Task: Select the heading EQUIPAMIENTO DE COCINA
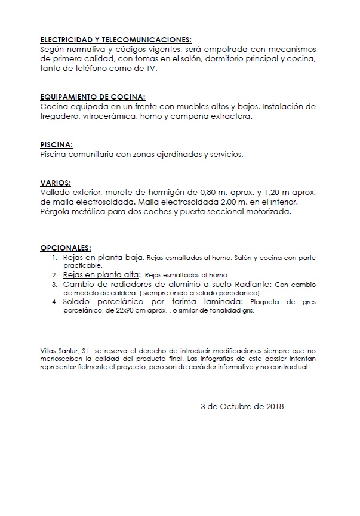coord(92,97)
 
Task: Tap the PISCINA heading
coord(56,145)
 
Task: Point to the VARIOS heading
coord(55,183)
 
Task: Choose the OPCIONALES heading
coord(66,247)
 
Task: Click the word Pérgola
coord(56,212)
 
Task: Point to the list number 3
coord(54,285)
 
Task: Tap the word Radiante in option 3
coord(254,285)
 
